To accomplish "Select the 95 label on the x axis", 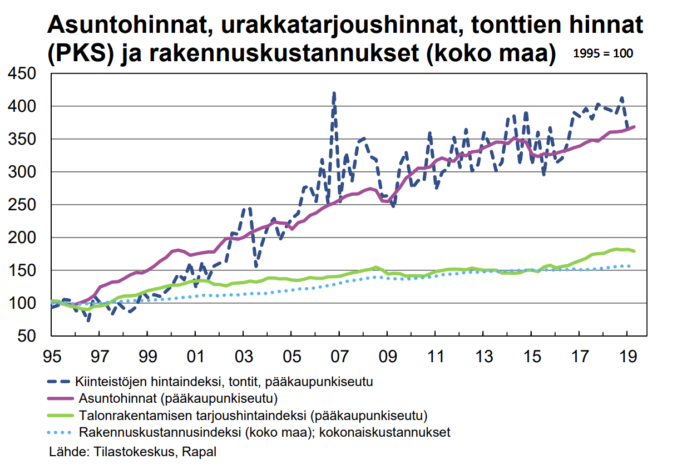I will coord(51,354).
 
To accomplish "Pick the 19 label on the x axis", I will coord(627,354).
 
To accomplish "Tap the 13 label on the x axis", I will coord(483,354).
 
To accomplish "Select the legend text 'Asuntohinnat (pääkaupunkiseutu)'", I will coord(178,398).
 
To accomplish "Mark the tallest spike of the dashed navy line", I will coord(334,93).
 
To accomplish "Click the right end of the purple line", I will coord(634,127).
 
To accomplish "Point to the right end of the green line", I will coord(634,251).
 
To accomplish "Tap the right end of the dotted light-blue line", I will coord(629,266).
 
